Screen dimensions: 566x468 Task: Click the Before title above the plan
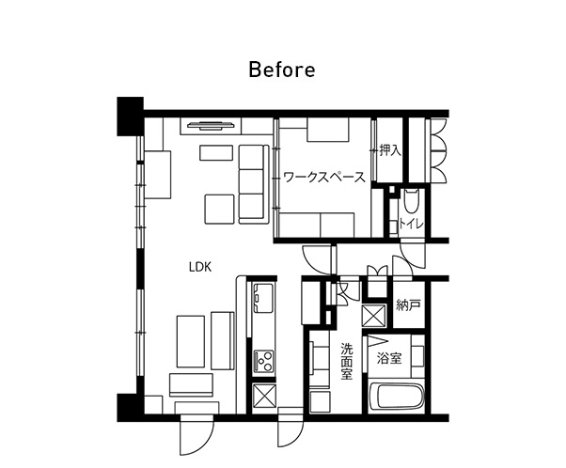click(x=282, y=70)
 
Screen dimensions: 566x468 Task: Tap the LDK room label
click(x=200, y=267)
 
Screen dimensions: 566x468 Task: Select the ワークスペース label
click(x=324, y=178)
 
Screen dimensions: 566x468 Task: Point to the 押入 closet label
click(x=390, y=150)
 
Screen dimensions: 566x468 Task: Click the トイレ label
click(x=411, y=224)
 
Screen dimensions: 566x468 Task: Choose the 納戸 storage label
click(x=408, y=305)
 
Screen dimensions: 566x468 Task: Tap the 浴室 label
click(x=389, y=358)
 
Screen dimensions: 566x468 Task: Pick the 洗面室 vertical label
click(x=347, y=362)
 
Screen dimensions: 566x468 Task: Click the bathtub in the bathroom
click(x=397, y=397)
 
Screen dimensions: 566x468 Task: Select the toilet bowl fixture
click(x=411, y=200)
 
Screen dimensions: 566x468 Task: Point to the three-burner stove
click(x=264, y=362)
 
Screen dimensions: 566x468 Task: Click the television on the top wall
click(x=211, y=125)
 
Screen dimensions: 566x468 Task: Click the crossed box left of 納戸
click(x=374, y=316)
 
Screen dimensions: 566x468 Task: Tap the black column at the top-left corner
click(x=130, y=117)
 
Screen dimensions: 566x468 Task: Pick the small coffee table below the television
click(x=216, y=152)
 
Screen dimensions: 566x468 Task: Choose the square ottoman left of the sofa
click(x=219, y=210)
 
